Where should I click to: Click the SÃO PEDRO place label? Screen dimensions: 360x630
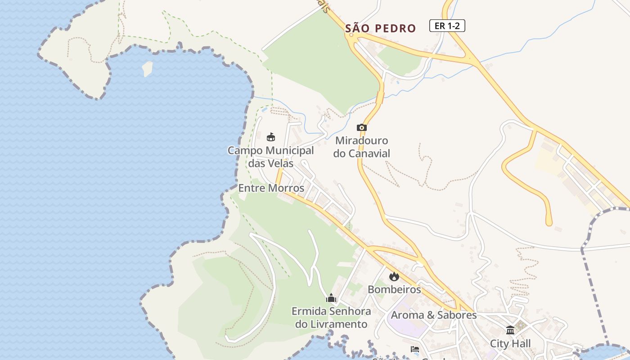pos(381,28)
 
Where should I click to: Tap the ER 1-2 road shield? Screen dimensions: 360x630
pos(447,26)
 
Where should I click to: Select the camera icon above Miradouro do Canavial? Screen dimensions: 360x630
pos(362,128)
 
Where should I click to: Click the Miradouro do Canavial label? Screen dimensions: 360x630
pos(362,147)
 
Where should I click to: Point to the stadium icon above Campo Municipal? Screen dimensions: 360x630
pos(271,137)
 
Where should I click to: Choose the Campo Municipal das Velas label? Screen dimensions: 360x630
pos(271,157)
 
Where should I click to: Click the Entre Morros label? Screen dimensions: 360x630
pos(271,188)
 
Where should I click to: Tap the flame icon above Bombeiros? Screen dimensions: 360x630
pos(394,276)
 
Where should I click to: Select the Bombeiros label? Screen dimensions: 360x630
pos(394,289)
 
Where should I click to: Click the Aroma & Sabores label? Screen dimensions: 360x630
pos(433,315)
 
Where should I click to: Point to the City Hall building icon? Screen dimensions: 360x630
pos(510,330)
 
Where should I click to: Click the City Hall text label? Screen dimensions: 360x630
pos(510,344)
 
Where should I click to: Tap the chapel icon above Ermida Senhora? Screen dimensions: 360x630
pos(331,298)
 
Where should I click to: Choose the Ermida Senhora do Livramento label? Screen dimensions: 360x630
pos(331,318)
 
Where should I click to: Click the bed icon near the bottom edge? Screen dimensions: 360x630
pos(415,349)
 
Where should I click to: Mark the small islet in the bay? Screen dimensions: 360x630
pos(147,68)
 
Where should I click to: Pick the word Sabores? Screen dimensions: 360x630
pos(455,315)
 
